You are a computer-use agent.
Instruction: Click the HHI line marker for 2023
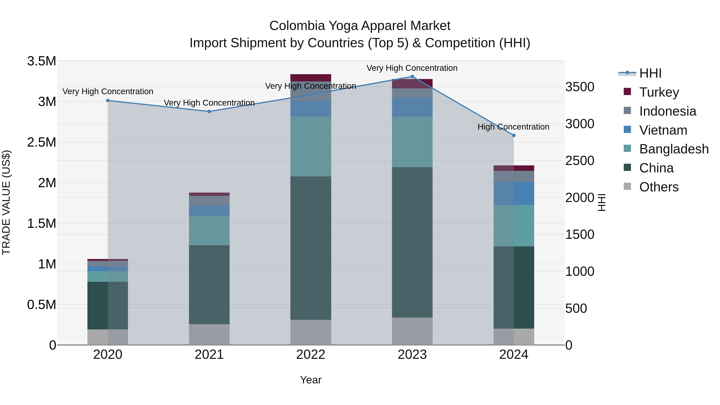(412, 77)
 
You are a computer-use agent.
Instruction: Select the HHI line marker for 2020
(108, 101)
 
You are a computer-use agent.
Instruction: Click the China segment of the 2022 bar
(311, 248)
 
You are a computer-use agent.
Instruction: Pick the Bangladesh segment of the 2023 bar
(412, 142)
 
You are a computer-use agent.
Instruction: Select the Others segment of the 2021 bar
(209, 335)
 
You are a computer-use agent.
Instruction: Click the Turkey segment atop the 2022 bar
(311, 78)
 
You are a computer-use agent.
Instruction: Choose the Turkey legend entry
(659, 92)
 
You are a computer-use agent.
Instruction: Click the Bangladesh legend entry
(674, 149)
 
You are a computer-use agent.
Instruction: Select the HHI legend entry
(650, 73)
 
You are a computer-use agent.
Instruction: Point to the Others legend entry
(659, 187)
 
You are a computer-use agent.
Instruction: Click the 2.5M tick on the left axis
(41, 142)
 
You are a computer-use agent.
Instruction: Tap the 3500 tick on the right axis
(580, 87)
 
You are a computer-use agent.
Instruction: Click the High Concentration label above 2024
(513, 127)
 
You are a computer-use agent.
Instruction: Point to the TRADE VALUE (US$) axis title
(6, 202)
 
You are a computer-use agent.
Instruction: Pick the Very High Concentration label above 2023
(412, 68)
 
